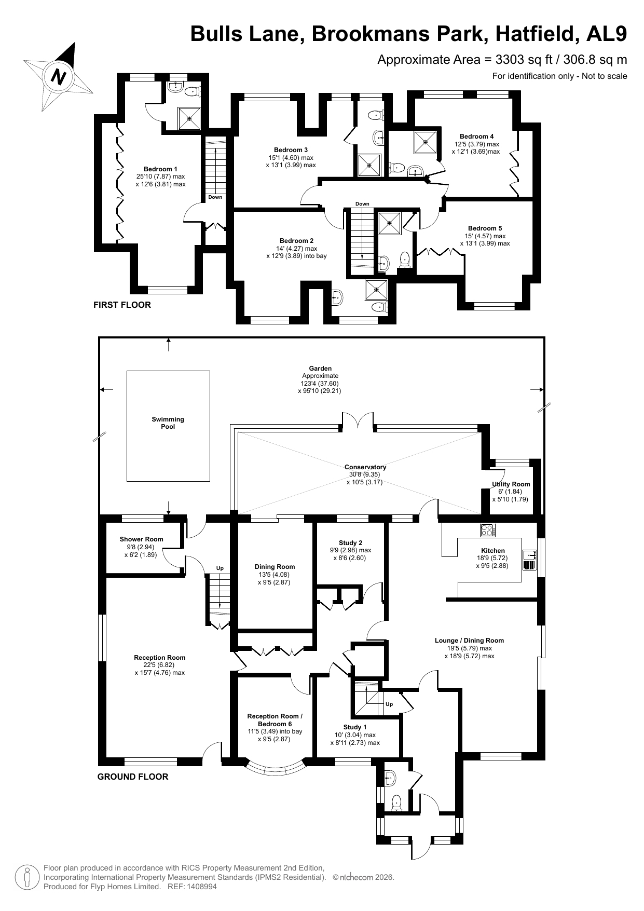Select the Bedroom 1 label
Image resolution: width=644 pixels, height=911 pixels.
[x=160, y=169]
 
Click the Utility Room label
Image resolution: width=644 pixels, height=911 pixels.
[x=511, y=484]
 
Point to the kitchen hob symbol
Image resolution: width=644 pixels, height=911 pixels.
[x=488, y=530]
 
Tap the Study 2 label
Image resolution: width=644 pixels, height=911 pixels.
[x=350, y=542]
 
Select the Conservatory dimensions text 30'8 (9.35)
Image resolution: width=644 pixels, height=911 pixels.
[x=365, y=474]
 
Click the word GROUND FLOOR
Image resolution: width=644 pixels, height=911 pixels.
[x=133, y=777]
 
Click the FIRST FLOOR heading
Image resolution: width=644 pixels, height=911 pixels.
[x=122, y=305]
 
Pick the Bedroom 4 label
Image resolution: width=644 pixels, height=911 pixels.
[x=476, y=137]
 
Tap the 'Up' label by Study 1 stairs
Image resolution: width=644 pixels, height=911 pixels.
[x=389, y=704]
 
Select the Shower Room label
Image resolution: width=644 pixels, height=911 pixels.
[x=141, y=539]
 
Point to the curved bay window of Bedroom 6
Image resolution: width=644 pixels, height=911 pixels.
[x=274, y=769]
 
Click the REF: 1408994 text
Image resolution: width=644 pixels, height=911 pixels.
[x=192, y=887]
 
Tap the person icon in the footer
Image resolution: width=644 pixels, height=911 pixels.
[x=28, y=877]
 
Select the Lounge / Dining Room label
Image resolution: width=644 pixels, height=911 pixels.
[x=469, y=640]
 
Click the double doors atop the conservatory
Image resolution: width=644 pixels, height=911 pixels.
[x=358, y=421]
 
